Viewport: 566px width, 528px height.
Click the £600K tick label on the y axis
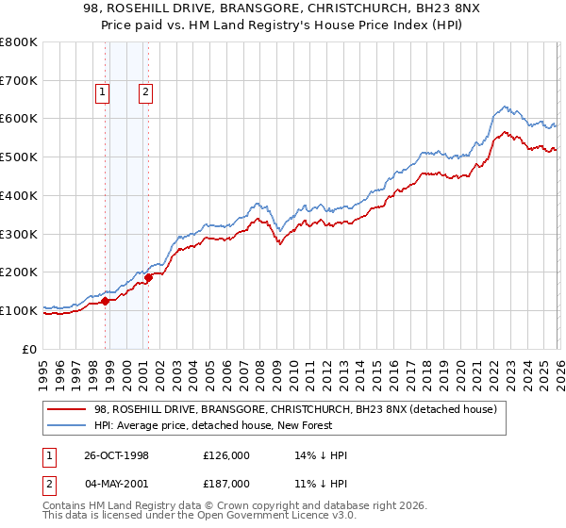tap(19, 119)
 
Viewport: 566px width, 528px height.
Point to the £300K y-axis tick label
tap(19, 234)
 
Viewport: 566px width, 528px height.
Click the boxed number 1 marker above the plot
tap(102, 92)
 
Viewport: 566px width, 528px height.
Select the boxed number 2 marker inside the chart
tap(146, 92)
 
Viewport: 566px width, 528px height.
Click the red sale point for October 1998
tap(106, 301)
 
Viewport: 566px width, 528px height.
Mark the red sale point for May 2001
tap(148, 277)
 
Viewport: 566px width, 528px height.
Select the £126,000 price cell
tap(225, 455)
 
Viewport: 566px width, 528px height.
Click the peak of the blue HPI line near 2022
tap(506, 107)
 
